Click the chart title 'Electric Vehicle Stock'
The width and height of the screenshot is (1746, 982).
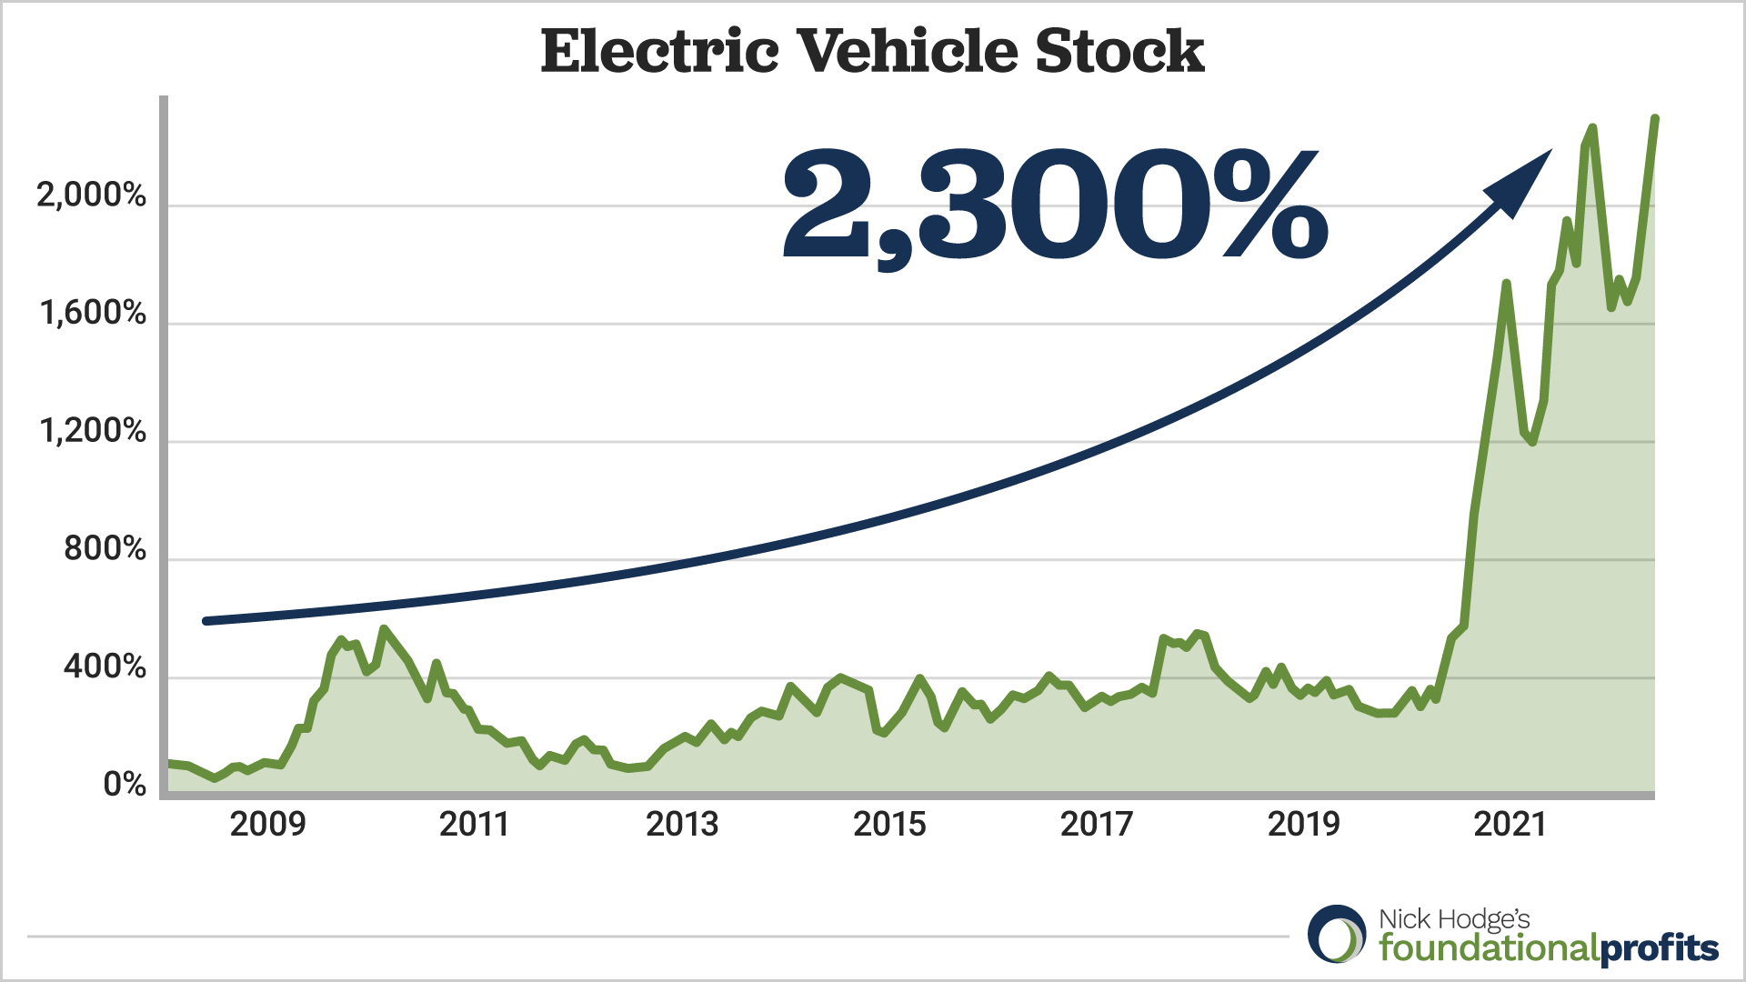coord(872,51)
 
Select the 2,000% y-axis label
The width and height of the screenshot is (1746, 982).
coord(91,195)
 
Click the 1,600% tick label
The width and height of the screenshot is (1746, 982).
coord(93,313)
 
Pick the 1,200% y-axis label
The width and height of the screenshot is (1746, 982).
coord(93,430)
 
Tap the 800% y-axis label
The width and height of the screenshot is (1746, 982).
coord(105,548)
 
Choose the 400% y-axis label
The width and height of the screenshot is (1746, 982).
coord(105,666)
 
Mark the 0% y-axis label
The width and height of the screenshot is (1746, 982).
coord(125,784)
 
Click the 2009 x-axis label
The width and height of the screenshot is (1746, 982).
coord(267,824)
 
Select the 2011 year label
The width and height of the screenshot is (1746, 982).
coord(474,824)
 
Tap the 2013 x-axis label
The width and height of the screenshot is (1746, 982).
coord(682,824)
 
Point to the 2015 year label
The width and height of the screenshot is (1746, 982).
coord(889,824)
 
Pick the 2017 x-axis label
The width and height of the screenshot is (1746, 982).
coord(1097,824)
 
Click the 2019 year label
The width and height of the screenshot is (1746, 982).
coord(1304,824)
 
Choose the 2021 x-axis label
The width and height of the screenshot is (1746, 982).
coord(1510,824)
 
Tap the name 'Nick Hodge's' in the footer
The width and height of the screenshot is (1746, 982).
coord(1454,919)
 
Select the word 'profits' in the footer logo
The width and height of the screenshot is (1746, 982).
coord(1659,949)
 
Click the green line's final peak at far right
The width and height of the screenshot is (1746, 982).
coord(1655,119)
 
